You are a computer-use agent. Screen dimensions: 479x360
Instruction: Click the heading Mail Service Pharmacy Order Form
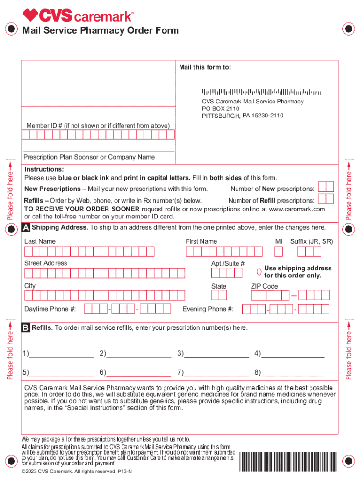click(101, 31)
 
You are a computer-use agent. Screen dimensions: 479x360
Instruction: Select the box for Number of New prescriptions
click(325, 187)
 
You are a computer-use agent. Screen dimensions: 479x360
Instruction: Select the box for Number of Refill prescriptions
click(325, 199)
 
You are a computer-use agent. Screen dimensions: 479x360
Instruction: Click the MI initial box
click(279, 252)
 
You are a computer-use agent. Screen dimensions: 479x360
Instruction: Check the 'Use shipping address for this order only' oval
click(259, 272)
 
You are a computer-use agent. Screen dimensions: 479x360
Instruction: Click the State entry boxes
click(219, 296)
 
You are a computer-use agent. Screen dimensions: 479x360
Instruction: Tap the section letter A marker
click(26, 228)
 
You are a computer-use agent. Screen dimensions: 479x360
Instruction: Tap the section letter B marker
click(26, 328)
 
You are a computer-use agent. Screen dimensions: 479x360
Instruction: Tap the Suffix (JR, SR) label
click(312, 241)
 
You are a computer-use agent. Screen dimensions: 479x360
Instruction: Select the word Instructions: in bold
click(44, 169)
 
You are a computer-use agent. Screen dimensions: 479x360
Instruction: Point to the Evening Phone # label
click(208, 309)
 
